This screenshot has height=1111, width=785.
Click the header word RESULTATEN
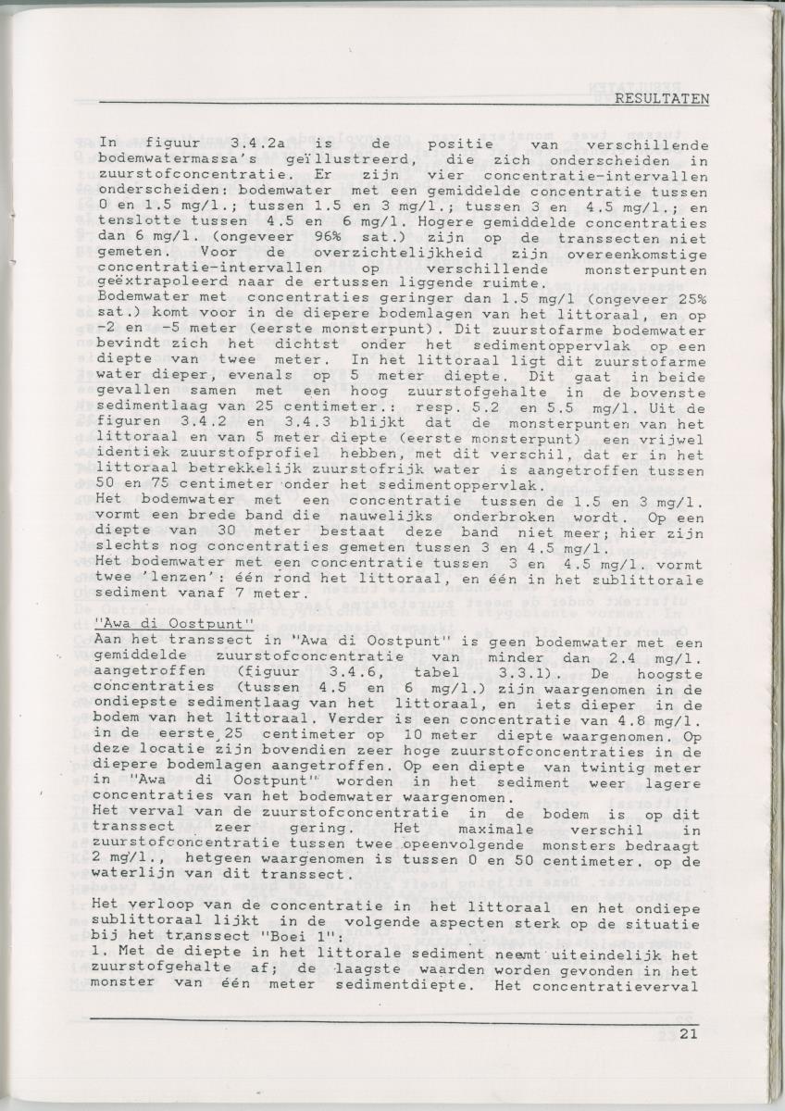click(662, 98)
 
